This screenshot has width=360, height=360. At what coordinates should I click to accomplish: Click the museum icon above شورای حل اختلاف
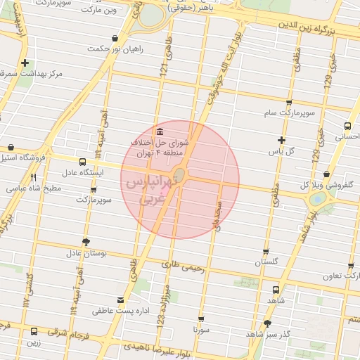point(161,131)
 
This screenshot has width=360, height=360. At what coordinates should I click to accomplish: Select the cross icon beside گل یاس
point(282,140)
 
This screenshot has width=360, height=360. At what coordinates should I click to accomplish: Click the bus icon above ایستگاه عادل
point(82,162)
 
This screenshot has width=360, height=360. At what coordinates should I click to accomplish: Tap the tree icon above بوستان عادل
point(86,242)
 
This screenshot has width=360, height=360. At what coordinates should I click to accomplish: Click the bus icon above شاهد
point(274,290)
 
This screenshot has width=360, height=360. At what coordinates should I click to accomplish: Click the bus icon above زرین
point(34,331)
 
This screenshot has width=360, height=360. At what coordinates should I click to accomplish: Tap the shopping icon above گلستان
point(266,251)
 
